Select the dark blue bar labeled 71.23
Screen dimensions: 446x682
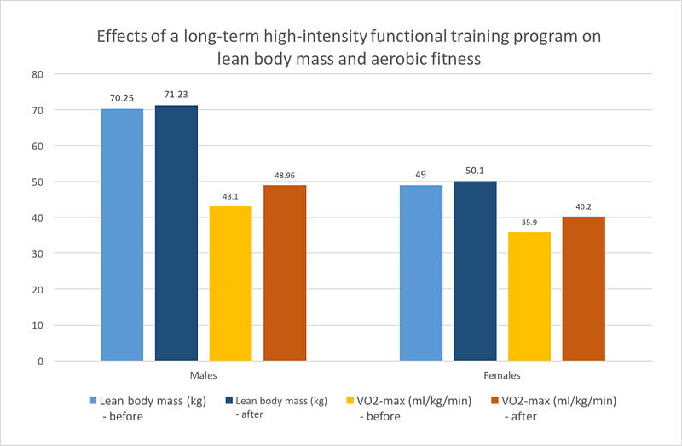coord(176,233)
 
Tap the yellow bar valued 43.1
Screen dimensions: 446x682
coord(230,283)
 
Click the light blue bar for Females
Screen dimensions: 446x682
coord(421,273)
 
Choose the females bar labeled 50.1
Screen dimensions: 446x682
coord(476,270)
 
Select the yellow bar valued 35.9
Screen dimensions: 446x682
coord(529,296)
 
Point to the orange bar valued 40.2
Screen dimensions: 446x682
coord(584,288)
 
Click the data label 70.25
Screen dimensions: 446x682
coord(122,99)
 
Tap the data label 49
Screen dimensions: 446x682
coord(421,176)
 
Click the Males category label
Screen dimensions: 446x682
coord(203,374)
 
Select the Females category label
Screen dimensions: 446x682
coord(502,374)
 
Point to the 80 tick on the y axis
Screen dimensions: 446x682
coord(38,74)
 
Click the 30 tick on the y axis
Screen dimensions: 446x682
coord(38,254)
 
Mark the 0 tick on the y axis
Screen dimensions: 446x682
coord(40,362)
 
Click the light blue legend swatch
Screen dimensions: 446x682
coord(93,400)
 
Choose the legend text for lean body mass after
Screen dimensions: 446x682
coord(280,406)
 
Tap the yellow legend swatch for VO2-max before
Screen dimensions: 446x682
coord(350,400)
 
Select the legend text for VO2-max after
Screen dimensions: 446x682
coord(561,406)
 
